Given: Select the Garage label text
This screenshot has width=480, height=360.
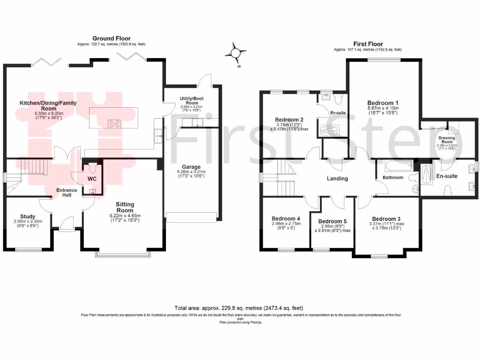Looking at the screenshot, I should pos(191,167).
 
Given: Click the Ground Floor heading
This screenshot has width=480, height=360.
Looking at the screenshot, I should pos(112,38).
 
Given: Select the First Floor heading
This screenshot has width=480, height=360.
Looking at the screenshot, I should pos(368,44).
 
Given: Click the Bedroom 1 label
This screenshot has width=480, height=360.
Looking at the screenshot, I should pos(383,103).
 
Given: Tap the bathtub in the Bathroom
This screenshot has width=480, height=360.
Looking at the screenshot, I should pos(397,165).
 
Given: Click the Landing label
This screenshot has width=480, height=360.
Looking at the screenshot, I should pos(337,179).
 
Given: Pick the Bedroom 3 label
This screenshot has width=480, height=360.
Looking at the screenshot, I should pos(387,219).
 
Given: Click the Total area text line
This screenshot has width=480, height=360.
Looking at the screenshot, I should pos(239,308).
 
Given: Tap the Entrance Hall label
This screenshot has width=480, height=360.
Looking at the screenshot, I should pos(64,192).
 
